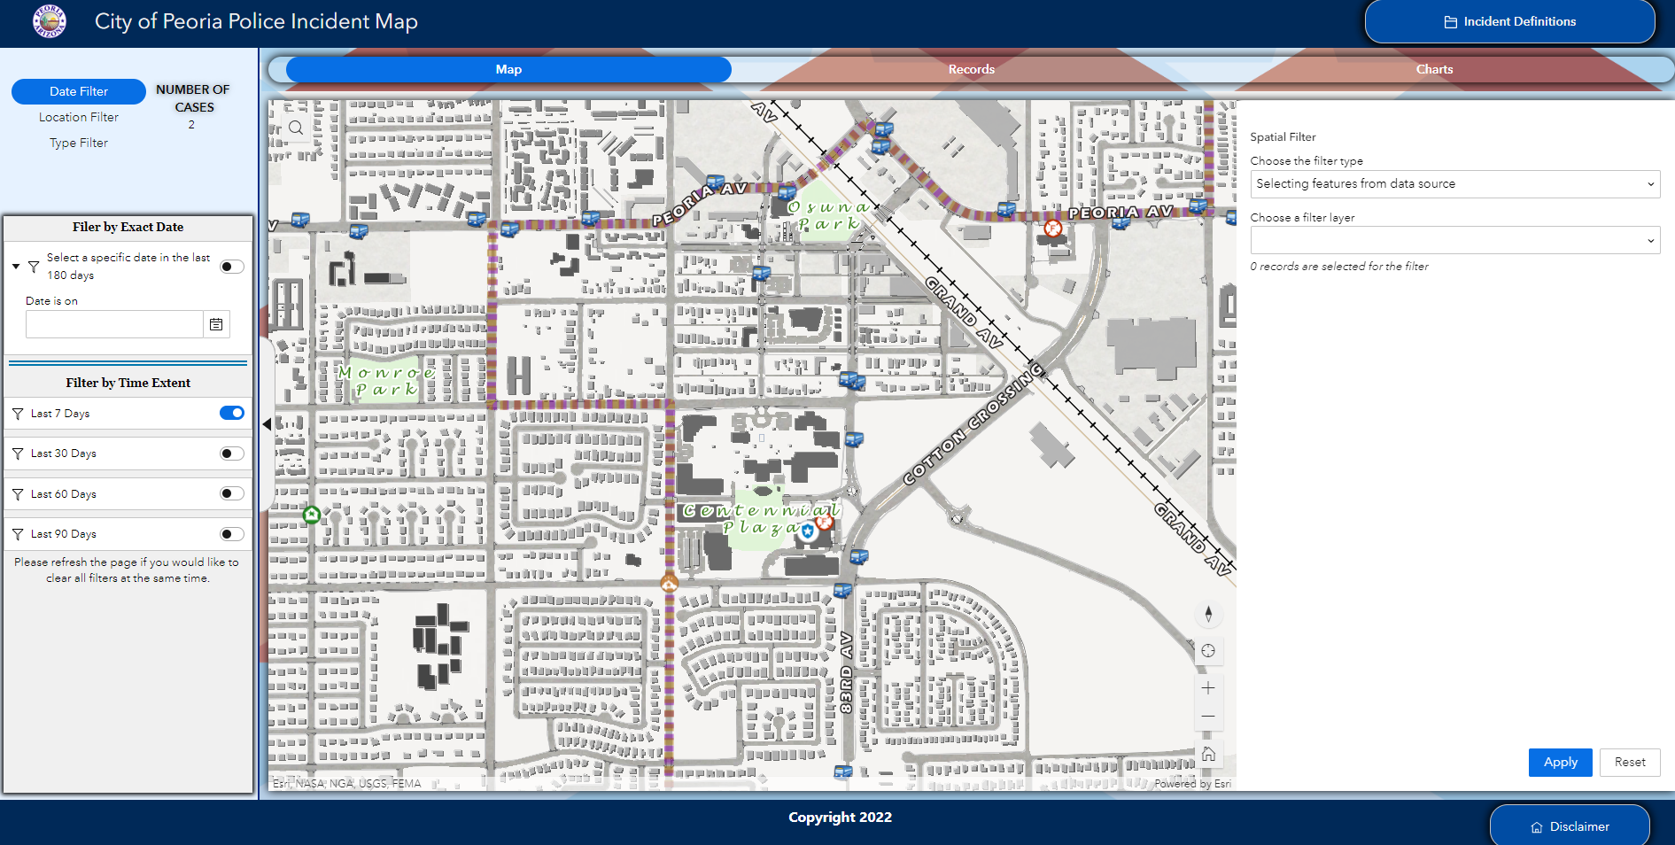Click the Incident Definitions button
[1509, 21]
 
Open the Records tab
[971, 69]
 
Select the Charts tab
[1433, 69]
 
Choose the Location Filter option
[79, 117]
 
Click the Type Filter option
[79, 143]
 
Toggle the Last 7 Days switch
[231, 413]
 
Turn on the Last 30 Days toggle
[231, 454]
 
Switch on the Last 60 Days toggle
[231, 493]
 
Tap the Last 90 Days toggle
[231, 534]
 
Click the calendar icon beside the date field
[216, 324]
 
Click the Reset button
[1629, 762]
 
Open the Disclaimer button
[1570, 826]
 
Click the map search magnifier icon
[296, 128]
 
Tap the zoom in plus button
[1208, 688]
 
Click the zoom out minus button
[1208, 717]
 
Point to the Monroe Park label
[386, 381]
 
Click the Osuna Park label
[827, 215]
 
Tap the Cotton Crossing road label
[973, 425]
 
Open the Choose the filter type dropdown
[1454, 184]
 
